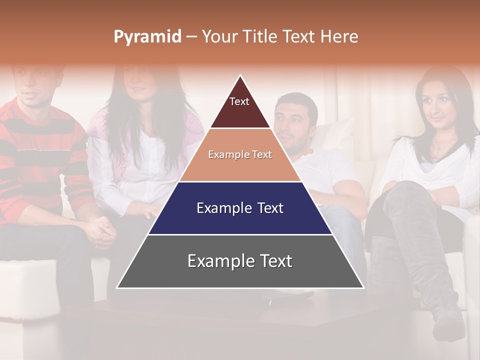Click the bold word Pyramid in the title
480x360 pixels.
[x=147, y=37]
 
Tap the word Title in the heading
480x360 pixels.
[x=261, y=36]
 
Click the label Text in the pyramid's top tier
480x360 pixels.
[x=239, y=101]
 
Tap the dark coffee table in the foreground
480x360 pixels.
[x=240, y=320]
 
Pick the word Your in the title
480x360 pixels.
[x=218, y=36]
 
